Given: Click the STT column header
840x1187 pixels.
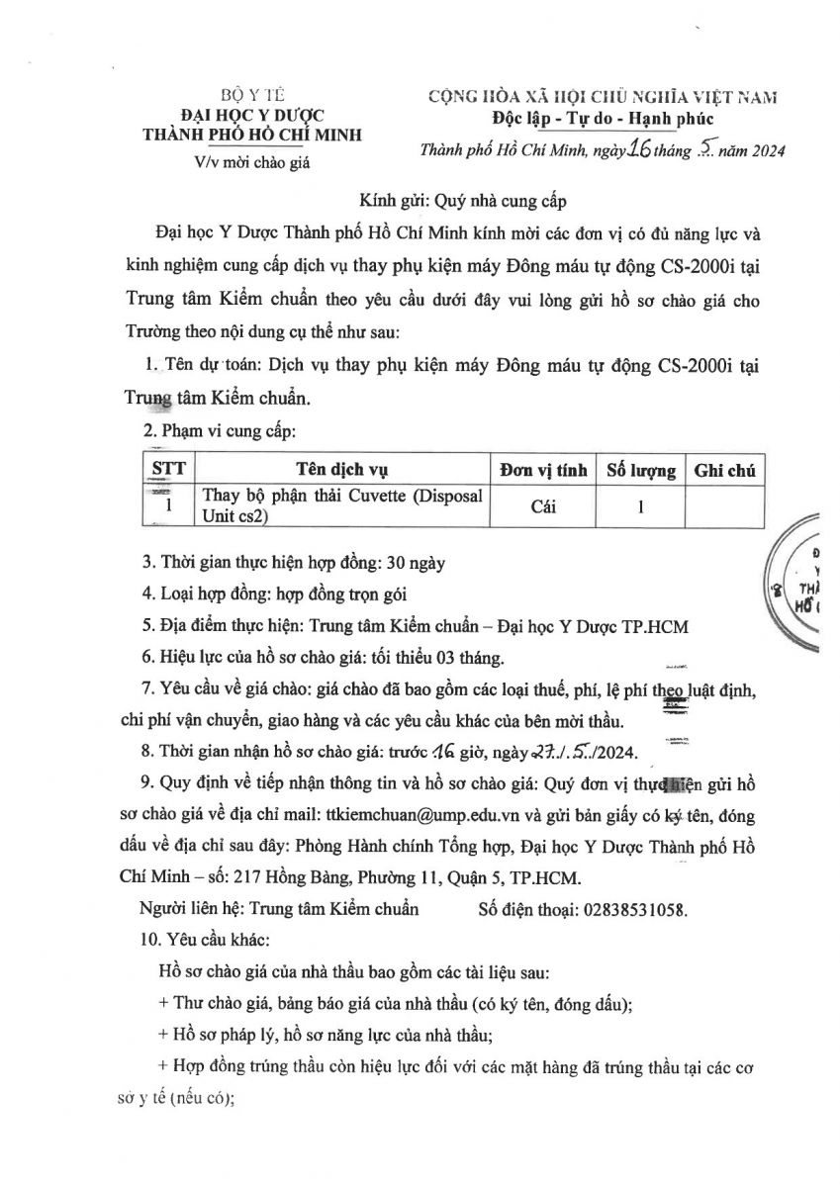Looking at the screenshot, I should click(168, 469).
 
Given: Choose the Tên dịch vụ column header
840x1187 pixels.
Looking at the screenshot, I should click(342, 469).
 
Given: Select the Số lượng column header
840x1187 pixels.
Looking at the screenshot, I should click(640, 470).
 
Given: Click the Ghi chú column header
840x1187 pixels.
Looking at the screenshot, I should click(724, 470).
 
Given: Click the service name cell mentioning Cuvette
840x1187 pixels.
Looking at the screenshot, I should click(342, 505).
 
